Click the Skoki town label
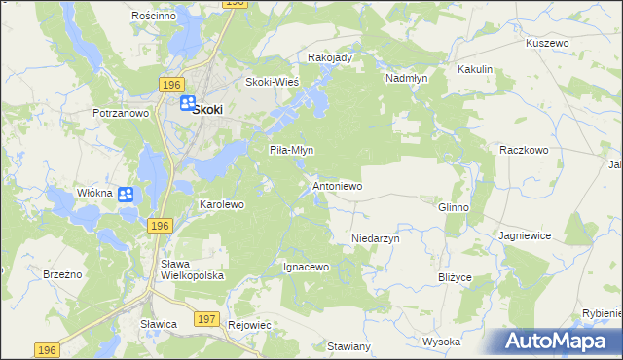(207, 110)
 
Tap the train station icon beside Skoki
(185, 103)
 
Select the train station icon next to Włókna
(126, 195)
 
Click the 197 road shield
(205, 319)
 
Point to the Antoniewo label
(337, 185)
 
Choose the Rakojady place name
(329, 57)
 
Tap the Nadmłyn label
(408, 77)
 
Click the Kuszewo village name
(546, 44)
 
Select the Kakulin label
(475, 70)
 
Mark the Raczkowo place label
(525, 150)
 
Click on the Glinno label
(454, 207)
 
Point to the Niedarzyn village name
(376, 237)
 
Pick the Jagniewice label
(525, 235)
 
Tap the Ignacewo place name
(307, 266)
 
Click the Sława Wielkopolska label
(192, 270)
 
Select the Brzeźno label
(62, 274)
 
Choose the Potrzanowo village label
(120, 113)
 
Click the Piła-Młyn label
(290, 150)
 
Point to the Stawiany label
(348, 346)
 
